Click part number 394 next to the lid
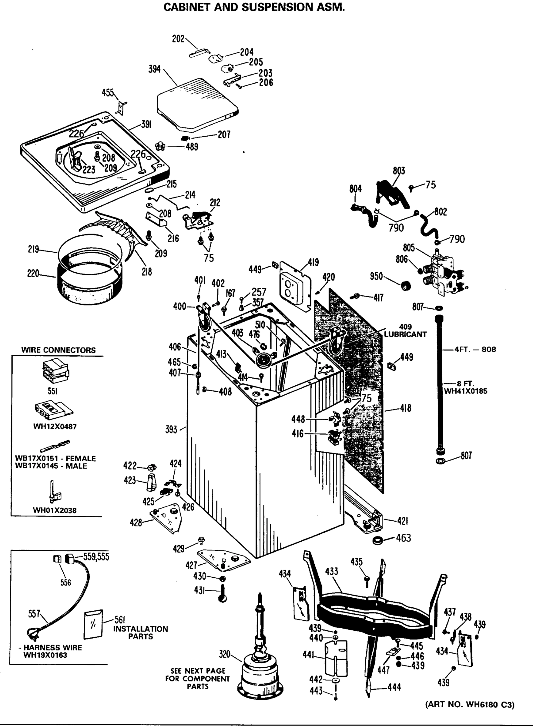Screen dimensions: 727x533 pos(154,69)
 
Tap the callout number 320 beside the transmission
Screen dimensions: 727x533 pos(225,654)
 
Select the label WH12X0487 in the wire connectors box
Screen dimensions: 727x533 pos(55,427)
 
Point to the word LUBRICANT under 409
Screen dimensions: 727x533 pos(405,334)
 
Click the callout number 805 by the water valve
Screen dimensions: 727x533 pos(408,247)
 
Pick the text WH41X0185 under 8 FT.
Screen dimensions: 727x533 pos(466,391)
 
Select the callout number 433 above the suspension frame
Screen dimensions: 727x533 pos(331,572)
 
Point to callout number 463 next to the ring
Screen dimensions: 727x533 pos(403,538)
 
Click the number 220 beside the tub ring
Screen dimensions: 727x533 pos(33,274)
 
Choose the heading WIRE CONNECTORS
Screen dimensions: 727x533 pos(59,350)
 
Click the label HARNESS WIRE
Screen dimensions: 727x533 pos(52,648)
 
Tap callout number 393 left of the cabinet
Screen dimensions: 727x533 pos(171,430)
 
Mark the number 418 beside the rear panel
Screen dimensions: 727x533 pos(406,408)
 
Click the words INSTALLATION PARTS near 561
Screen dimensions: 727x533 pos(140,632)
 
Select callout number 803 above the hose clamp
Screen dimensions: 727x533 pos(399,171)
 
